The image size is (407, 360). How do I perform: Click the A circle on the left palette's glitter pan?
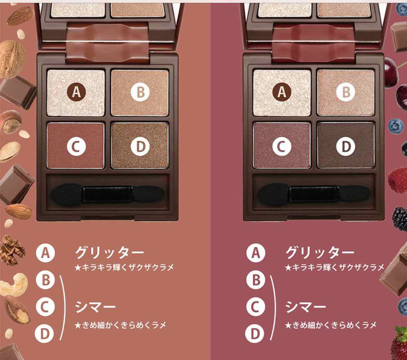coord(76,91)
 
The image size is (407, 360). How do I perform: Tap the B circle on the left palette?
coord(140,91)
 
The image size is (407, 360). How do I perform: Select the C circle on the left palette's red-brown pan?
coord(76,146)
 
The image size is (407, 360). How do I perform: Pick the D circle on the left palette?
coord(140,146)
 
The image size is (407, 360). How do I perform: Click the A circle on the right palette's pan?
coord(282,91)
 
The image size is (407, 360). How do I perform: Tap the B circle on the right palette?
coord(346,91)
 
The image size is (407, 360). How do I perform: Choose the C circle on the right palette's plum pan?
coord(282,146)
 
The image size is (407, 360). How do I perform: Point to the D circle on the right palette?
coord(346,146)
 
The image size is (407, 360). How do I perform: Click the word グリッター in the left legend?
coord(109,252)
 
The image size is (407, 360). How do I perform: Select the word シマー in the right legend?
coord(305,307)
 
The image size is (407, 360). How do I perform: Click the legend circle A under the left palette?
coord(45,253)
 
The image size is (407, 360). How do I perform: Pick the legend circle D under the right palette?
coord(256,333)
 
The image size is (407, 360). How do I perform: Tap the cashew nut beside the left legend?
coord(14,285)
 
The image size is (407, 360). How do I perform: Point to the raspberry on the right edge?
coord(398,180)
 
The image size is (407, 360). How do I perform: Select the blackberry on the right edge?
coord(400,219)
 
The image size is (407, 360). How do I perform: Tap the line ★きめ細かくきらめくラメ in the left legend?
coord(120,325)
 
